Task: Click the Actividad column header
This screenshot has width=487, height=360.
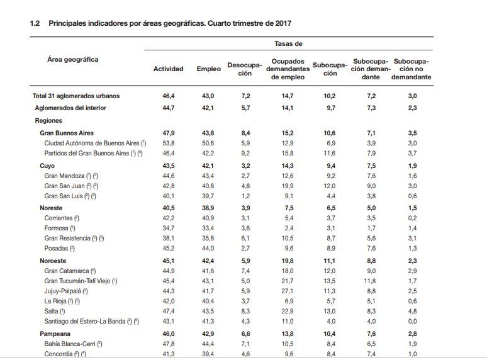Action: [169, 69]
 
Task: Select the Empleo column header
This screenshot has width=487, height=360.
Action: [209, 69]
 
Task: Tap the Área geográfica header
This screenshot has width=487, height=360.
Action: [73, 59]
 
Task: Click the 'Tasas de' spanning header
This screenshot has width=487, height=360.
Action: [288, 44]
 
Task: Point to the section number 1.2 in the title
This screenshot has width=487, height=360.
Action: [35, 23]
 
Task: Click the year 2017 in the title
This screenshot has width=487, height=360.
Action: [283, 23]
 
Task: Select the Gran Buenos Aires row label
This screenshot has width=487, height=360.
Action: [67, 133]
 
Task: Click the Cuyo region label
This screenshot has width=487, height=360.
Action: [47, 166]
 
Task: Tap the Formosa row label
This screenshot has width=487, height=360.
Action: [56, 228]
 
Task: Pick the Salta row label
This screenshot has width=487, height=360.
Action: [51, 311]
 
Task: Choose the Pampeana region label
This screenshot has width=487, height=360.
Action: [55, 334]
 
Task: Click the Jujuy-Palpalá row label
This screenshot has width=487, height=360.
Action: [63, 291]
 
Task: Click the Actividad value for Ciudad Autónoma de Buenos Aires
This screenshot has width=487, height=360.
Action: [169, 143]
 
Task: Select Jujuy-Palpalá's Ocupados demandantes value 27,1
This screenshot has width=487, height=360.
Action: [288, 291]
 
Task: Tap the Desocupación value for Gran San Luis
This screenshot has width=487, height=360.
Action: [245, 196]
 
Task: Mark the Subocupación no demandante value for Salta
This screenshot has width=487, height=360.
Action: [413, 311]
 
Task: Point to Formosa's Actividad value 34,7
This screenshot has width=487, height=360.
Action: [169, 228]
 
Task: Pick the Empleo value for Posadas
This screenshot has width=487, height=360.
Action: [208, 248]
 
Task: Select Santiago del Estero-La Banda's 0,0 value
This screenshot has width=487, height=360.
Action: [413, 321]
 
